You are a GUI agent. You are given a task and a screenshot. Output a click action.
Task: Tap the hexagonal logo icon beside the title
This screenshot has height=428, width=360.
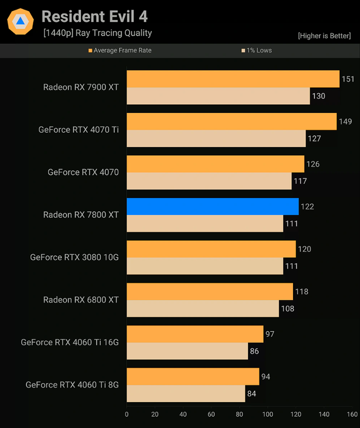20,21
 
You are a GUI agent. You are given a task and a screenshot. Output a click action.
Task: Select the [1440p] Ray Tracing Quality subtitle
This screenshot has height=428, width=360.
98,33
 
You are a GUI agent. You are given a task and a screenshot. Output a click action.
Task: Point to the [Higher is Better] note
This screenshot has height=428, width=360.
324,36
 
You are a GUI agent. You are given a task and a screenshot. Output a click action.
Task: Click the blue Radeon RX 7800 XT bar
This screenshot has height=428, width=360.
213,206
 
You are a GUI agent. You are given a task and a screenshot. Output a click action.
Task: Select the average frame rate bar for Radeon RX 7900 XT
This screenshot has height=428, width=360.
233,79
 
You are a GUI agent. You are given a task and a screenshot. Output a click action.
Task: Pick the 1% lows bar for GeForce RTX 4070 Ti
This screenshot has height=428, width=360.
216,138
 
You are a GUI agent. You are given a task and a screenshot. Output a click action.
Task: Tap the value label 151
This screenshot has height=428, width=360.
348,79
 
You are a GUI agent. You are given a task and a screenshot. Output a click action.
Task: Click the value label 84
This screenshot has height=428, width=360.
251,394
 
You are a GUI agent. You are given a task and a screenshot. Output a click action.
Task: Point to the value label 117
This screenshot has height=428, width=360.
300,181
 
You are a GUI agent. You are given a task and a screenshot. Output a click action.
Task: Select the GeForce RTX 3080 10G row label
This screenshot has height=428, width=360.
74,258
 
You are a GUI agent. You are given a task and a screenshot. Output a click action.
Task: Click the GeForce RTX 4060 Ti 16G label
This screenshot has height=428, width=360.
70,342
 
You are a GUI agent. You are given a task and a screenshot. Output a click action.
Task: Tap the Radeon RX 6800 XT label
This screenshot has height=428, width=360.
81,300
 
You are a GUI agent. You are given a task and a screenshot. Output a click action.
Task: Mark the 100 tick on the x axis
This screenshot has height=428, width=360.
268,415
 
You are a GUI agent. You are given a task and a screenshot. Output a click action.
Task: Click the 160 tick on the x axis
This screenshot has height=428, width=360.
352,415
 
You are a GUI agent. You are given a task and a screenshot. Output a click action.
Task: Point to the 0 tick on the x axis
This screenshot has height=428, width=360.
127,415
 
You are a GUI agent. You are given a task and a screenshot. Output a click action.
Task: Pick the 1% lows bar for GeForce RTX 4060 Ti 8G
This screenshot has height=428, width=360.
186,393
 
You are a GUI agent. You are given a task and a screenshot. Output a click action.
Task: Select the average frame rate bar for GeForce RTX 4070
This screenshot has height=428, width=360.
215,164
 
